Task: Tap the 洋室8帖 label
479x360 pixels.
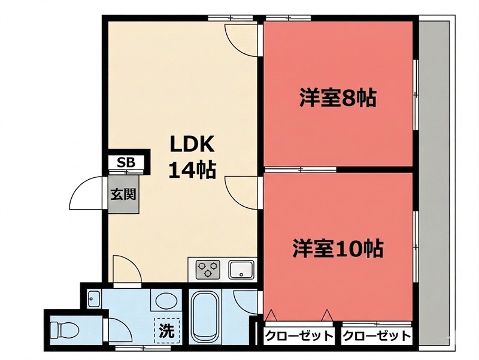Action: (x=338, y=98)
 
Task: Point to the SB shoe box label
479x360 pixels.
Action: (x=126, y=162)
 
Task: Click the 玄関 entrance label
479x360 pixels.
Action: (x=123, y=195)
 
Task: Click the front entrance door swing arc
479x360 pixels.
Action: (x=84, y=192)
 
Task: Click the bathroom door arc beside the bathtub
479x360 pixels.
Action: (x=245, y=302)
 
